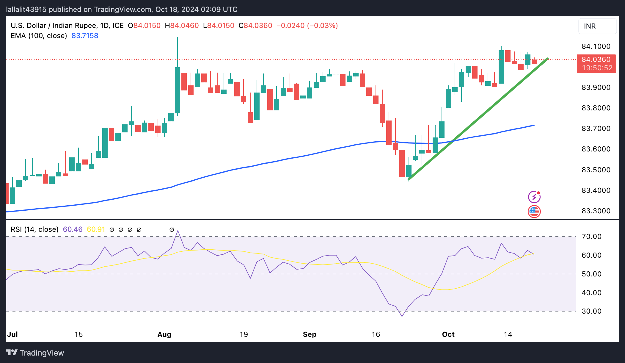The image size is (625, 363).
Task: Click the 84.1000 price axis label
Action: (x=596, y=46)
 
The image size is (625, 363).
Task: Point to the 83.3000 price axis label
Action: (x=596, y=211)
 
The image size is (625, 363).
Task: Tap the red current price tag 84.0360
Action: (x=596, y=60)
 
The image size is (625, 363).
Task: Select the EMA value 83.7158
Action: (x=85, y=36)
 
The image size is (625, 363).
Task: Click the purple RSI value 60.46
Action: (x=73, y=229)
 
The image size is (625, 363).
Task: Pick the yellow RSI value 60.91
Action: (x=96, y=229)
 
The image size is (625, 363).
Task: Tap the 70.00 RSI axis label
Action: (x=591, y=237)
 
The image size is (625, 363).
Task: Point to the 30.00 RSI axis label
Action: (x=591, y=311)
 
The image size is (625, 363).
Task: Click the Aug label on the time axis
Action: (x=164, y=334)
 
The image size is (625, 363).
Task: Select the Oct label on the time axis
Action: (x=448, y=334)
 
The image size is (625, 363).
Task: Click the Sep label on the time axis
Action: (x=310, y=334)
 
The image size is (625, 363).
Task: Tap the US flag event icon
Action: (x=534, y=212)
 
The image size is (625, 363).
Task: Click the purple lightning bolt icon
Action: (x=534, y=197)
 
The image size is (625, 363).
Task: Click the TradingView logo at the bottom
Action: (x=35, y=353)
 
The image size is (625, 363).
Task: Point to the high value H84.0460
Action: (x=182, y=26)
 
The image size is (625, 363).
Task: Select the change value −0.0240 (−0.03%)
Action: (x=307, y=26)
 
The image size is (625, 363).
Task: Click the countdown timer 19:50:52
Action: (x=597, y=68)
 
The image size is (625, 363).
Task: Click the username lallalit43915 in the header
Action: (x=26, y=10)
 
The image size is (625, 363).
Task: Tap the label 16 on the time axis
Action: (x=376, y=334)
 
